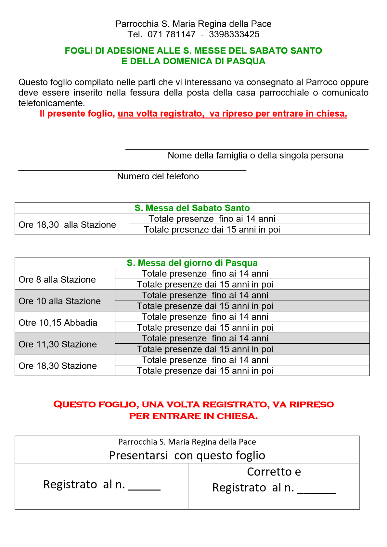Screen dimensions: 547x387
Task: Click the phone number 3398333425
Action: [x=234, y=34]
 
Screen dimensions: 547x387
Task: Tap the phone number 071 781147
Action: [x=172, y=34]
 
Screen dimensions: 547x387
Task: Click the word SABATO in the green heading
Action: [x=267, y=51]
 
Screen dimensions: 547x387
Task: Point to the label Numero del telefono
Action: [x=158, y=176]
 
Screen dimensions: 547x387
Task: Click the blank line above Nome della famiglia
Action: [x=247, y=148]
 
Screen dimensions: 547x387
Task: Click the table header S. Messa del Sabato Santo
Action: [x=192, y=208]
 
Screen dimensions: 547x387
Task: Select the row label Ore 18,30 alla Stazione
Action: [x=67, y=224]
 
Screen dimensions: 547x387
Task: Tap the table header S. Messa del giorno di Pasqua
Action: [x=192, y=263]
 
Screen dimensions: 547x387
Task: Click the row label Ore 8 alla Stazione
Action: [x=57, y=279]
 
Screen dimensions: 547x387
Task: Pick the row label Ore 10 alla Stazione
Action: [x=59, y=301]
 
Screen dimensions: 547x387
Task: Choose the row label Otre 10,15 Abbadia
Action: [x=58, y=323]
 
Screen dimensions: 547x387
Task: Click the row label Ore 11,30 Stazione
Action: [x=58, y=344]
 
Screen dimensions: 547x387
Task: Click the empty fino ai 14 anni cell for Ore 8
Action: [x=332, y=273]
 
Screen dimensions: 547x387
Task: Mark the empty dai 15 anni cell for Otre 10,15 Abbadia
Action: [x=332, y=327]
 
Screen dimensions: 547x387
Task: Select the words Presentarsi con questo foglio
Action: [x=187, y=455]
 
